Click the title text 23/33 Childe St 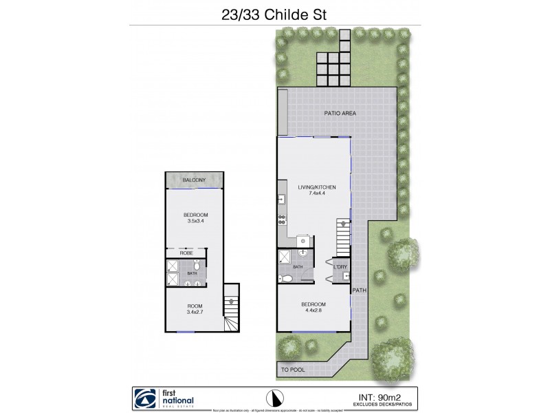pyautogui.click(x=275, y=12)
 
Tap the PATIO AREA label pyautogui.click(x=340, y=114)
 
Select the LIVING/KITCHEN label pyautogui.click(x=313, y=187)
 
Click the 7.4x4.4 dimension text pyautogui.click(x=313, y=194)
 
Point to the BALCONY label pyautogui.click(x=194, y=180)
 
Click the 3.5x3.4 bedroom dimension pyautogui.click(x=194, y=222)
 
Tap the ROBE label pyautogui.click(x=186, y=253)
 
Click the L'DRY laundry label pyautogui.click(x=342, y=266)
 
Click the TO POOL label pyautogui.click(x=294, y=370)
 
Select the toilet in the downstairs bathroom pyautogui.click(x=286, y=278)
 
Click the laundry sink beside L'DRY pyautogui.click(x=345, y=277)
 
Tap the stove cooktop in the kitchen pyautogui.click(x=282, y=220)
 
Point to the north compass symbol pyautogui.click(x=274, y=398)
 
